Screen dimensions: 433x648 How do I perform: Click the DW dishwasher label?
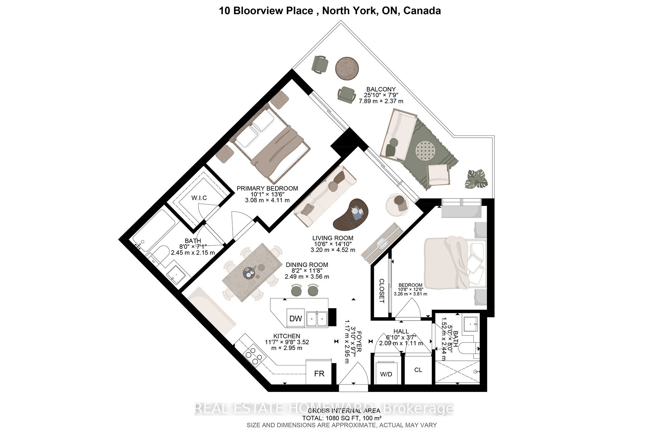point(296,319)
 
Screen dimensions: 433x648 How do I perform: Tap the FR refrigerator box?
point(319,373)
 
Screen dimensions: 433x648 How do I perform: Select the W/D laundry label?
point(386,374)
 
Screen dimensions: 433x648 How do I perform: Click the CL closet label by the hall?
point(418,370)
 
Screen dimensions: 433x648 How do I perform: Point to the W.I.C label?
point(199,198)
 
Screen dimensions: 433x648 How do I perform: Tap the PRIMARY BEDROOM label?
point(267,188)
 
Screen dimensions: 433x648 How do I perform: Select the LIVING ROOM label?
point(332,238)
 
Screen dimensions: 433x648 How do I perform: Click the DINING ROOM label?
point(306,265)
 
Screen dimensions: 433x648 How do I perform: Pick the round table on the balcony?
point(347,69)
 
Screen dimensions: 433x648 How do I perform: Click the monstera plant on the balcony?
point(476,179)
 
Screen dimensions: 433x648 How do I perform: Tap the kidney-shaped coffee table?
point(351,214)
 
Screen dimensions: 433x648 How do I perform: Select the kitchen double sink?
point(317,318)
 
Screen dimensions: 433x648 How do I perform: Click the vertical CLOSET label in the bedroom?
point(382,291)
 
